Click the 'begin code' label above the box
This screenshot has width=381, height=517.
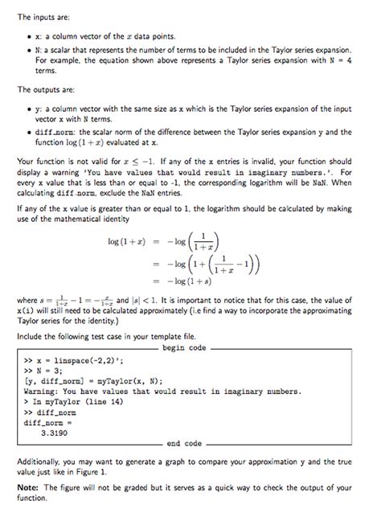click(x=184, y=348)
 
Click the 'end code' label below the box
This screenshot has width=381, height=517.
click(x=184, y=443)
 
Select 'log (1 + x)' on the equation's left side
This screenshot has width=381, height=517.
click(x=130, y=241)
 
